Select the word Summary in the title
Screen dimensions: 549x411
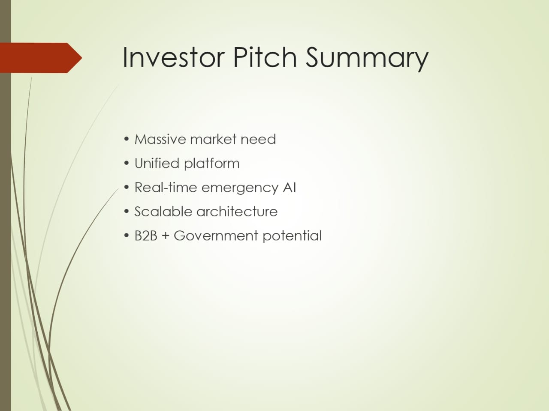[367, 60]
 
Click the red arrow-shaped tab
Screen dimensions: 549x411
[41, 58]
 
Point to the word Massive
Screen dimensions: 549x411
[160, 139]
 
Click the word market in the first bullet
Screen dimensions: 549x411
[213, 139]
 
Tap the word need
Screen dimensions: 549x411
[258, 139]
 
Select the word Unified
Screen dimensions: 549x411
[157, 163]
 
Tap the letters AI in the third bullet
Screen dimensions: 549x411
[290, 188]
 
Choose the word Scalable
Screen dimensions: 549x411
[163, 211]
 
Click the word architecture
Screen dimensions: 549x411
[237, 211]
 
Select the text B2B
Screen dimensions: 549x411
[146, 235]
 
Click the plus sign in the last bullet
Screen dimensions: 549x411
[165, 236]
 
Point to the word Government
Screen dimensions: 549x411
[216, 235]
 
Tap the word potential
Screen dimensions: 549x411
[292, 236]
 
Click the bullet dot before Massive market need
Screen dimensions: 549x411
[127, 139]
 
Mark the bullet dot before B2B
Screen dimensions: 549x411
[127, 235]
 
